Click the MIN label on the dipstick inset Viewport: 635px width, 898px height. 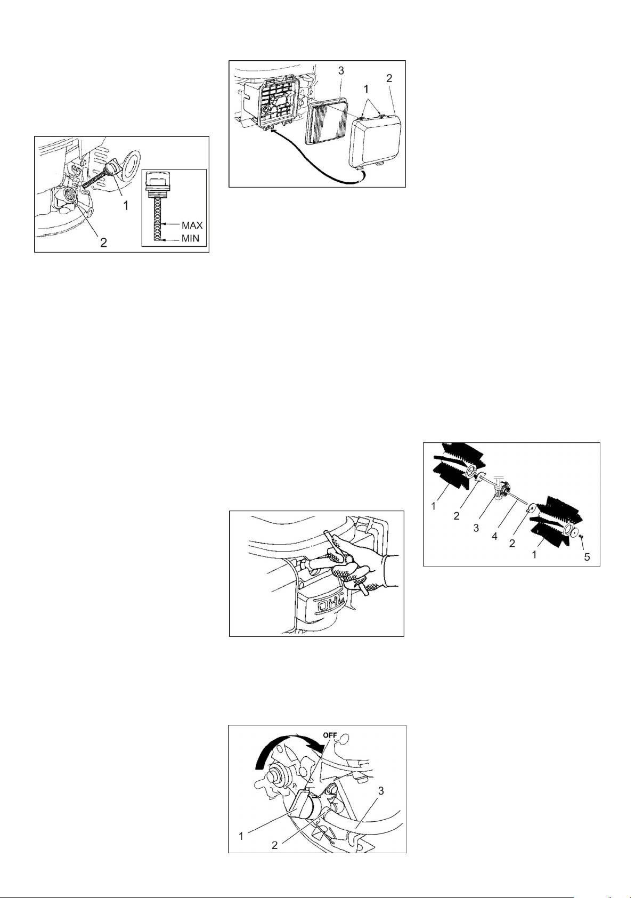tap(190, 239)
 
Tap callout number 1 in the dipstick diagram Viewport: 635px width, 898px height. tap(126, 206)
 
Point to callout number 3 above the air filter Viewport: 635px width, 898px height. tap(341, 71)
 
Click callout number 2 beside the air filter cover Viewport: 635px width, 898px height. tap(389, 78)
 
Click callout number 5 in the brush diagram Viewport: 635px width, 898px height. tap(587, 557)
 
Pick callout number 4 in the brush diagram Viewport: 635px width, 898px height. tap(494, 536)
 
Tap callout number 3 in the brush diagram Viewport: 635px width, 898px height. tap(476, 528)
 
